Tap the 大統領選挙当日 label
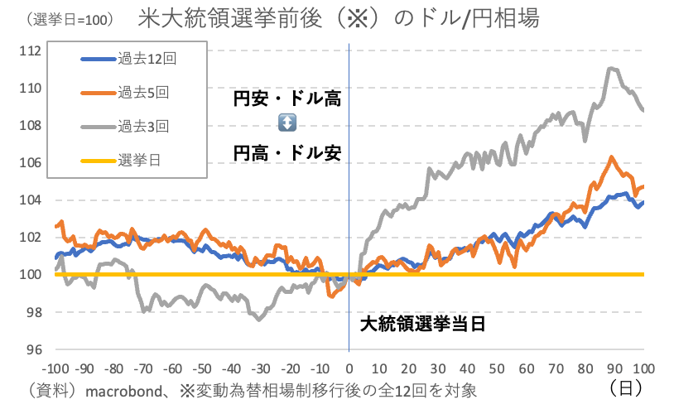point(421,324)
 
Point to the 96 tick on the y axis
point(33,349)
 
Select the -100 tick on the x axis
point(55,367)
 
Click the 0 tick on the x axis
point(350,367)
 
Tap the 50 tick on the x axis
point(498,367)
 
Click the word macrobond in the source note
point(122,388)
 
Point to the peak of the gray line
point(613,68)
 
